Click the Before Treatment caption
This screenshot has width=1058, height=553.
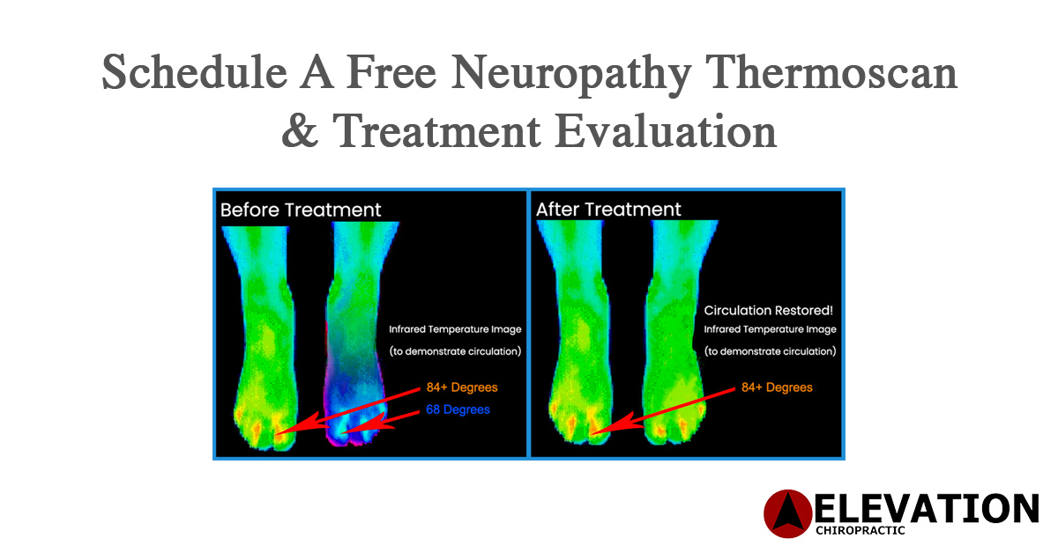click(x=301, y=210)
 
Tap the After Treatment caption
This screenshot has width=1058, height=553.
click(x=608, y=210)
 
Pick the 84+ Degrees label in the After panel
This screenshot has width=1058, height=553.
click(x=776, y=387)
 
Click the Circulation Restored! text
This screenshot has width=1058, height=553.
click(x=769, y=311)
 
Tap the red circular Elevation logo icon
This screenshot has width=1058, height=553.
click(x=786, y=513)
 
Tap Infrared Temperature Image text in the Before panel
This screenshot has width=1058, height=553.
click(x=455, y=329)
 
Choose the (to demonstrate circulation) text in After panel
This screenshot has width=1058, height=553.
click(x=770, y=350)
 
